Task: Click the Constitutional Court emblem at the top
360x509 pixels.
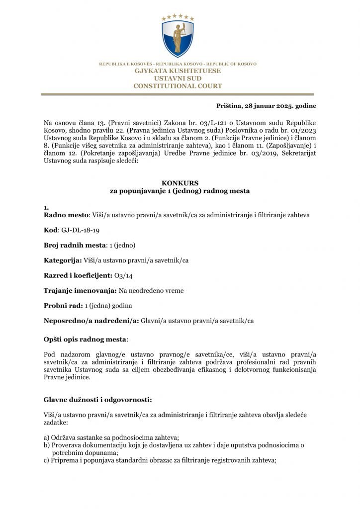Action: click(x=178, y=36)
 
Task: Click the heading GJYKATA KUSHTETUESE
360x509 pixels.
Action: click(x=178, y=71)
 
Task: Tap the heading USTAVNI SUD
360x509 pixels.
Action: click(x=178, y=79)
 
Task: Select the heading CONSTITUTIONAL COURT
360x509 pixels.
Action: click(x=178, y=86)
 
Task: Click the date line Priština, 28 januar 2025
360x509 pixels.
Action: click(x=266, y=106)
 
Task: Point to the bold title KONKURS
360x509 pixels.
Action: click(x=180, y=183)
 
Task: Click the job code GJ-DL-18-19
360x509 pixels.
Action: click(x=77, y=230)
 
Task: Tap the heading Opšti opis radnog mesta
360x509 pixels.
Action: click(x=85, y=339)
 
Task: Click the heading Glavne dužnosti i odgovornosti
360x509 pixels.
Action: click(x=97, y=400)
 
